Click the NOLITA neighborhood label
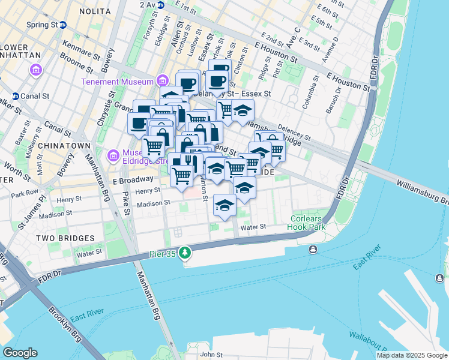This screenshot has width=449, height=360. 95,11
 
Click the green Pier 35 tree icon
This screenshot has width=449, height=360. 186,254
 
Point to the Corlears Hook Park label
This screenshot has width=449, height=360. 309,223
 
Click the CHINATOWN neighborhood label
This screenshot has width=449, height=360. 64,146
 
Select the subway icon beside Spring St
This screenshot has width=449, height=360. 63,25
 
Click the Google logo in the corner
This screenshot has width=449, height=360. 20,353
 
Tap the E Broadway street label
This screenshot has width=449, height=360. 133,180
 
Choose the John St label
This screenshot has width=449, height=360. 212,355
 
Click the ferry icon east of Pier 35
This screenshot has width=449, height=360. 313,250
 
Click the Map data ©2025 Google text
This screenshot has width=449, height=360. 412,355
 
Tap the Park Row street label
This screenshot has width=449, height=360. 24,194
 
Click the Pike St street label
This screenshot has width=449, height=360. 126,203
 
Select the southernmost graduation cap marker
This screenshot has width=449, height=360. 224,206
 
